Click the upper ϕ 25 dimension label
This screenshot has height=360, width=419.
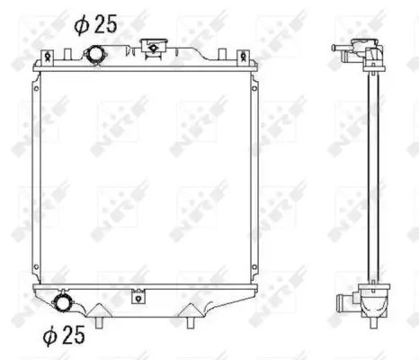tap(95, 24)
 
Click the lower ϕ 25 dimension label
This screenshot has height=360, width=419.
tap(64, 335)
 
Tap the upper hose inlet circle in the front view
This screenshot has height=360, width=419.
tap(95, 55)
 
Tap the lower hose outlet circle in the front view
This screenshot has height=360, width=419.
tap(61, 302)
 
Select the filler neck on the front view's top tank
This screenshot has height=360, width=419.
tap(153, 47)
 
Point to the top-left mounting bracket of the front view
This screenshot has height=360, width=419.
tap(48, 57)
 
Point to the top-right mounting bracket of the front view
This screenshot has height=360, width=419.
tap(244, 57)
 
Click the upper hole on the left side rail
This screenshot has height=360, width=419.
tap(36, 89)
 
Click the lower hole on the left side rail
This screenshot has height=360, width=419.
tap(36, 266)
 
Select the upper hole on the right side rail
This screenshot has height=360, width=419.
tap(254, 88)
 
